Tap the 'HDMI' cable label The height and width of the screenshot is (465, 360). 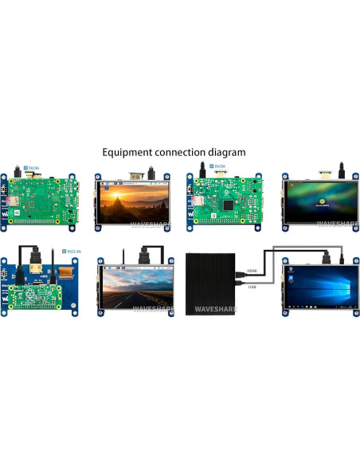[252, 271]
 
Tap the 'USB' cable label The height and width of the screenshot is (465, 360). [252, 286]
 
